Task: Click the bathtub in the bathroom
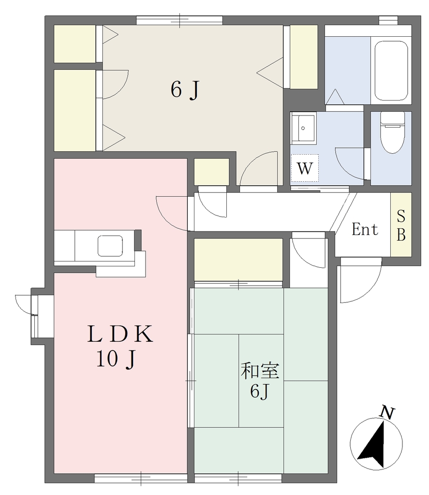391,71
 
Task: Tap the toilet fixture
392,132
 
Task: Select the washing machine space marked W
305,168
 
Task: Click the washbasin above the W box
303,128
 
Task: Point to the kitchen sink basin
110,246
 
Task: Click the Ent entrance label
365,230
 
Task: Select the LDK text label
120,335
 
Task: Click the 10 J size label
117,360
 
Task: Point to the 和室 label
260,371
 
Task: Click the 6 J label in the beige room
185,90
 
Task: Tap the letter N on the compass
387,413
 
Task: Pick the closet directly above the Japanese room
238,260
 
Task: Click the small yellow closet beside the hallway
211,172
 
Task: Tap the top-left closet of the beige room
75,44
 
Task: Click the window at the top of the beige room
179,20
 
